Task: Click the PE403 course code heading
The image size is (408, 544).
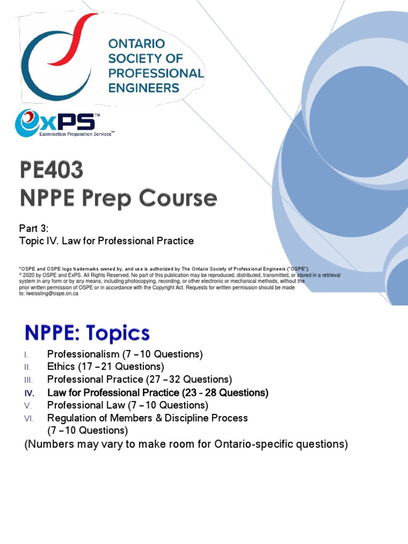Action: click(52, 171)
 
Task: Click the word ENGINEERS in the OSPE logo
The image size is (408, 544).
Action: click(143, 88)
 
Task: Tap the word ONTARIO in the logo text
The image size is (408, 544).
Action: click(137, 44)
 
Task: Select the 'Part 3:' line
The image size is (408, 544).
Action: click(33, 228)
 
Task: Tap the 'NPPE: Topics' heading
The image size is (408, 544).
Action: click(87, 334)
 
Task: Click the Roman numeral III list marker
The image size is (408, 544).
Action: click(29, 380)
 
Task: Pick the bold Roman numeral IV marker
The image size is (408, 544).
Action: click(29, 393)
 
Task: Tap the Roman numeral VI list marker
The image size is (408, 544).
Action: click(29, 419)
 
